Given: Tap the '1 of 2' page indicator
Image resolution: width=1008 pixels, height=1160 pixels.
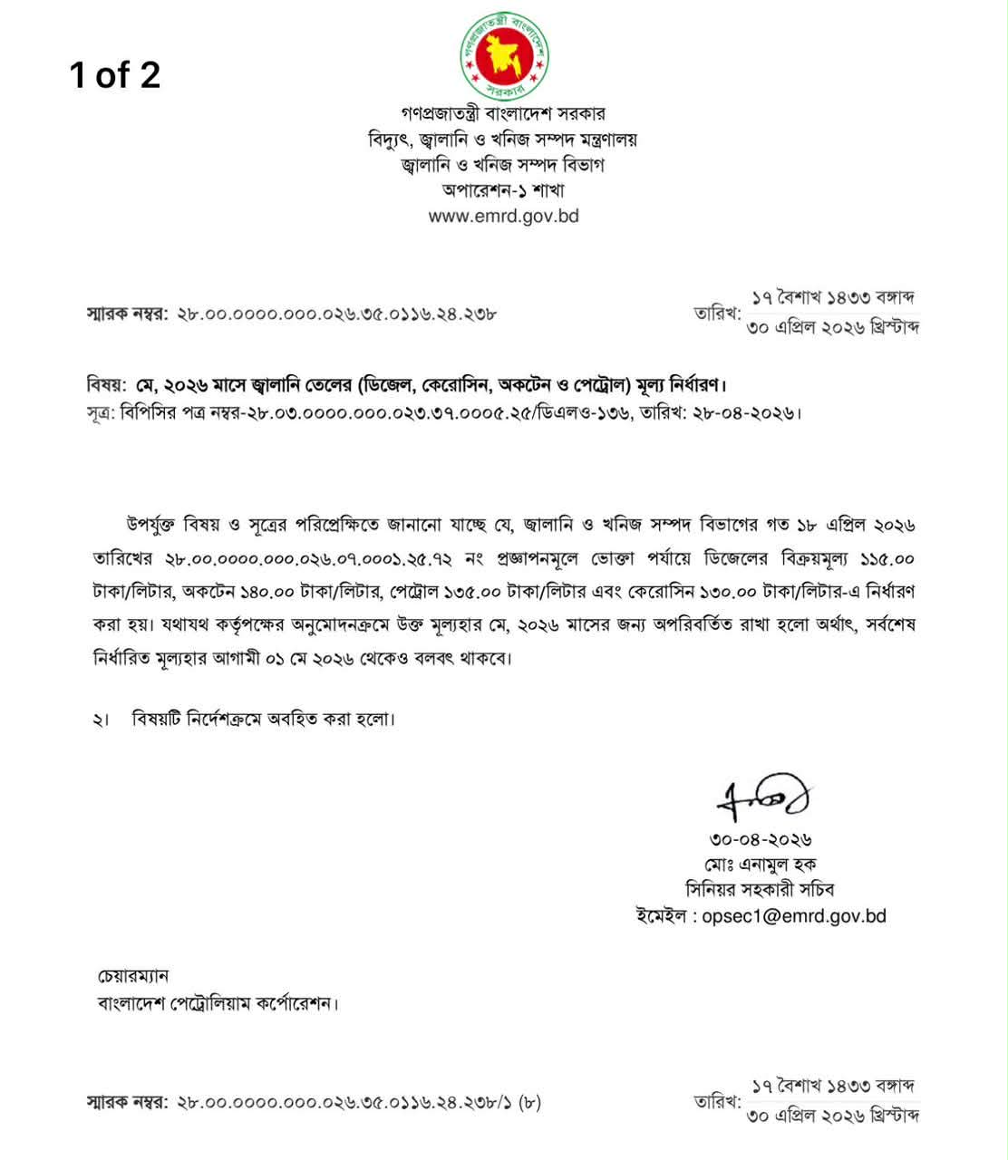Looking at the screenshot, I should point(115,74).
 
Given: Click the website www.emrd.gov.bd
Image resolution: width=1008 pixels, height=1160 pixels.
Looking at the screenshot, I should point(503,217).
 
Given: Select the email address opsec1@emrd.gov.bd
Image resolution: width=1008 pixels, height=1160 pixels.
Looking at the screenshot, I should point(794,916).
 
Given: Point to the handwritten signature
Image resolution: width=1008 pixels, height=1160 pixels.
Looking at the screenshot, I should point(762,797).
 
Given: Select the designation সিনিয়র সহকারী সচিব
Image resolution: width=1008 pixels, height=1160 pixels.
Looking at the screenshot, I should point(761,890).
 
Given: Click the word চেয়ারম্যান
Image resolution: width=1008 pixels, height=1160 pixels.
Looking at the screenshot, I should point(133,976).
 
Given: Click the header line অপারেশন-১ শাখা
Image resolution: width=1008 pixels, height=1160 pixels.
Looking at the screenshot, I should point(503,190).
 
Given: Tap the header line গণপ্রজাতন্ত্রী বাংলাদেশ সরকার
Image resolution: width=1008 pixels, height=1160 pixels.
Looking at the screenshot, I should point(503,114).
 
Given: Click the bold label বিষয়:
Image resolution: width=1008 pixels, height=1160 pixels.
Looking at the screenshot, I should point(105,385).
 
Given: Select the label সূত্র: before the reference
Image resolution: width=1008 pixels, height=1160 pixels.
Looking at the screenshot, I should point(101,413).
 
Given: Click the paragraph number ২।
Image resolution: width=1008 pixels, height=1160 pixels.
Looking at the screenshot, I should point(100,720).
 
